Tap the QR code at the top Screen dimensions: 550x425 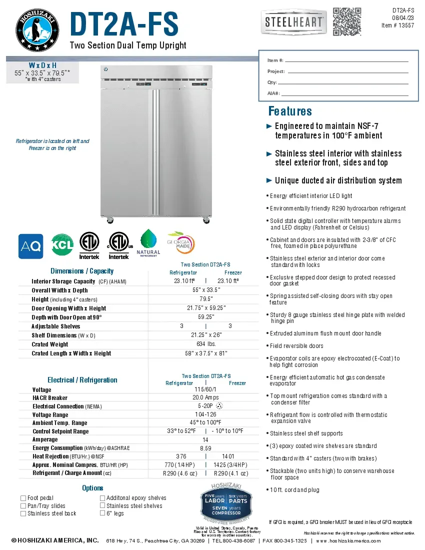coord(346,21)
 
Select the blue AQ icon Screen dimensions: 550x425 coord(30,246)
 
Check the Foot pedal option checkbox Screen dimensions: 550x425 coord(23,498)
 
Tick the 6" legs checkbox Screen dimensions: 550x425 coord(102,513)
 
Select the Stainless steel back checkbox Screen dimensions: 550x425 coord(23,513)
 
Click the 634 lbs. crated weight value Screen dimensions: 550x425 coord(203,344)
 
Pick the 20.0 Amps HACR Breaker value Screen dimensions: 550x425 coord(205,397)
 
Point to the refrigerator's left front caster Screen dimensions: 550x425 coord(109,220)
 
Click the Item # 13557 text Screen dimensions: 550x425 coord(397,25)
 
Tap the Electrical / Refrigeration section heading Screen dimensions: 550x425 coord(82,380)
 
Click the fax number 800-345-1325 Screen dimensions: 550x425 coord(291,541)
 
